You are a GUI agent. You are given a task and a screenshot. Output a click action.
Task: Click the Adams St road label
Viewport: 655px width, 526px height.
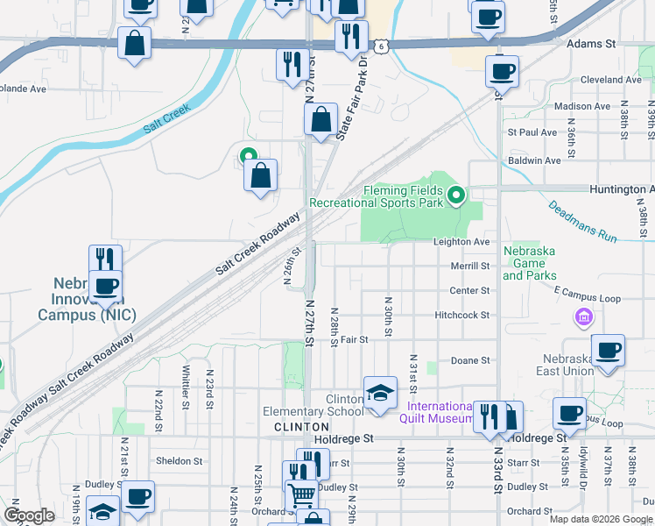click(x=591, y=42)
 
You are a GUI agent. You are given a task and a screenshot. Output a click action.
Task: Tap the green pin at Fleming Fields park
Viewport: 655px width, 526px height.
click(x=455, y=195)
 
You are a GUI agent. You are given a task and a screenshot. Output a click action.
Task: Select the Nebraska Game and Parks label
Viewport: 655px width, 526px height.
click(x=530, y=263)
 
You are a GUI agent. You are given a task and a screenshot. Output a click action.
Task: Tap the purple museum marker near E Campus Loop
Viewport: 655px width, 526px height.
click(x=581, y=316)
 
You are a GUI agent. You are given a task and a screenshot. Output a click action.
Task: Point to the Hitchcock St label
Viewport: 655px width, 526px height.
click(x=461, y=315)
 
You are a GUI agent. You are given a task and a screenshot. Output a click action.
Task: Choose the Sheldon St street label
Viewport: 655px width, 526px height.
click(x=179, y=460)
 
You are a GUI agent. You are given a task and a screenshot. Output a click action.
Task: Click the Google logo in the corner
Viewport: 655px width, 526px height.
click(x=29, y=515)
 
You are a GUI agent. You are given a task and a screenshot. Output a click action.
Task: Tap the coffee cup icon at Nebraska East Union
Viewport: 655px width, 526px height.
click(x=608, y=350)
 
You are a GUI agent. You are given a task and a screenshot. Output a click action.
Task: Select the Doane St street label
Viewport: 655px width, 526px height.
click(x=469, y=360)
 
